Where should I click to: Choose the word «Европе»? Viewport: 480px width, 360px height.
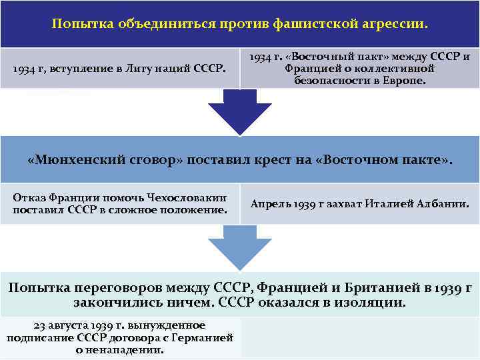pos(405,80)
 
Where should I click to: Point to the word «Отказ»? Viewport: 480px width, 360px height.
pos(29,198)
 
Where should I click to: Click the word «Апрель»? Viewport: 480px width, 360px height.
pos(270,204)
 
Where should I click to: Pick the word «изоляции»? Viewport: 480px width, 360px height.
pos(370,302)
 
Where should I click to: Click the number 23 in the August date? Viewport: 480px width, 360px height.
pos(39,325)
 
